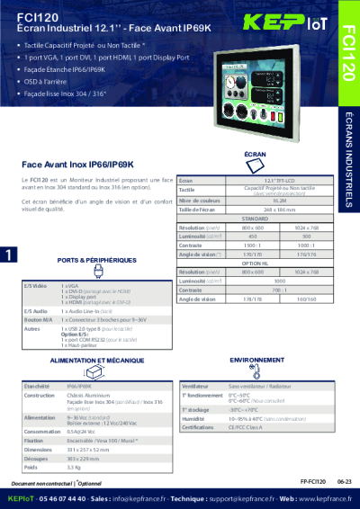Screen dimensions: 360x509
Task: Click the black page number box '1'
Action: [7, 255]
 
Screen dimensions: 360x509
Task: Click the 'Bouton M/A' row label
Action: [38, 319]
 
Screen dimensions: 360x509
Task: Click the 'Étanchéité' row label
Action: [37, 385]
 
